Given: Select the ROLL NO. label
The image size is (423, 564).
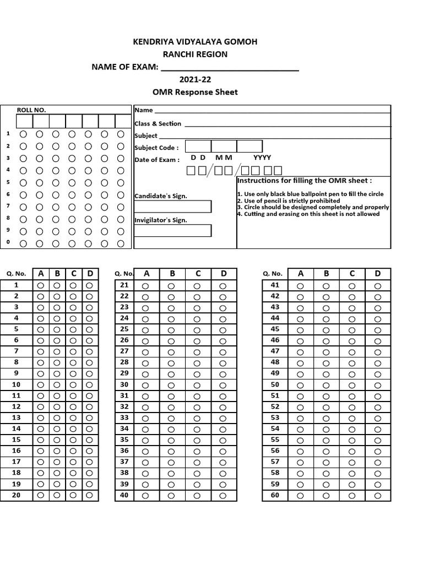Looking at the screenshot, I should pos(32,110).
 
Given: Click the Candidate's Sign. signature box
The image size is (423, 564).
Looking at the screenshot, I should pos(172,207).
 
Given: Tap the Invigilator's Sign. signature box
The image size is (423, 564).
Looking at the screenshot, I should pos(172,230).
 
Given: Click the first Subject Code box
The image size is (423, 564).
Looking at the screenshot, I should pos(198,147).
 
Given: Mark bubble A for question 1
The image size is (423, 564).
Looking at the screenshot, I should pos(41,285).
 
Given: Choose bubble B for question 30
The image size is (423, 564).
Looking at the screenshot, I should pos(171,385).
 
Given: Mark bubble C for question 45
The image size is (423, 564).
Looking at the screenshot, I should pos(351,330).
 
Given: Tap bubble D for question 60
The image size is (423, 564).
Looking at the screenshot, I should pos(377,496).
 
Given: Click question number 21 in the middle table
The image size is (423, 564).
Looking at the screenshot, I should pos(124,285).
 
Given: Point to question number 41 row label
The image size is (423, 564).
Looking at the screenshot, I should pos(275,285).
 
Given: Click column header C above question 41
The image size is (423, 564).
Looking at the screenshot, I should pos(351,273).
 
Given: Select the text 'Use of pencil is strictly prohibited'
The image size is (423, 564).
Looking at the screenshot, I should pos(289,201).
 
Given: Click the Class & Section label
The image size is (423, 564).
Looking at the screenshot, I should pos(158,124).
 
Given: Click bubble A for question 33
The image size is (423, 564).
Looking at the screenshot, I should pos(145,418).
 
